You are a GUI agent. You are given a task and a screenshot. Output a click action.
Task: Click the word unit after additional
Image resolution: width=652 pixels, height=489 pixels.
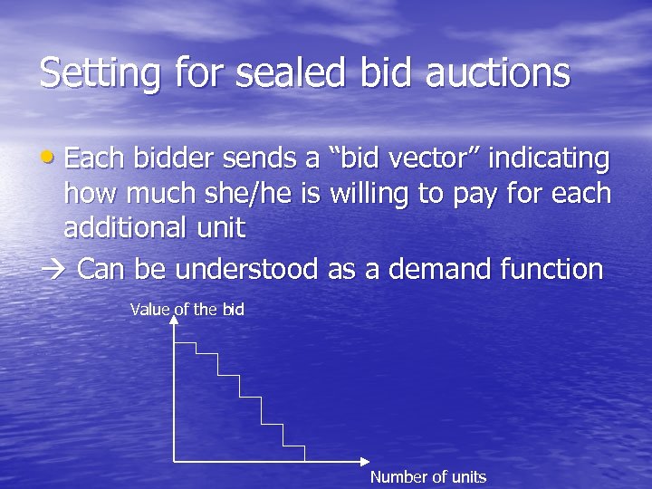click(x=223, y=227)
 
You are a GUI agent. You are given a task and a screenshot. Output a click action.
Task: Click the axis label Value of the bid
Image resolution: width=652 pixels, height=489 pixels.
click(x=187, y=310)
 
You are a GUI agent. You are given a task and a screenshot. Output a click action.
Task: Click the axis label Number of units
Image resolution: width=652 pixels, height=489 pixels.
click(x=427, y=477)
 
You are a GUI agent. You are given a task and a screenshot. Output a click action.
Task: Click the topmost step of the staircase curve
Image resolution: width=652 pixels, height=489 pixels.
click(x=185, y=343)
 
